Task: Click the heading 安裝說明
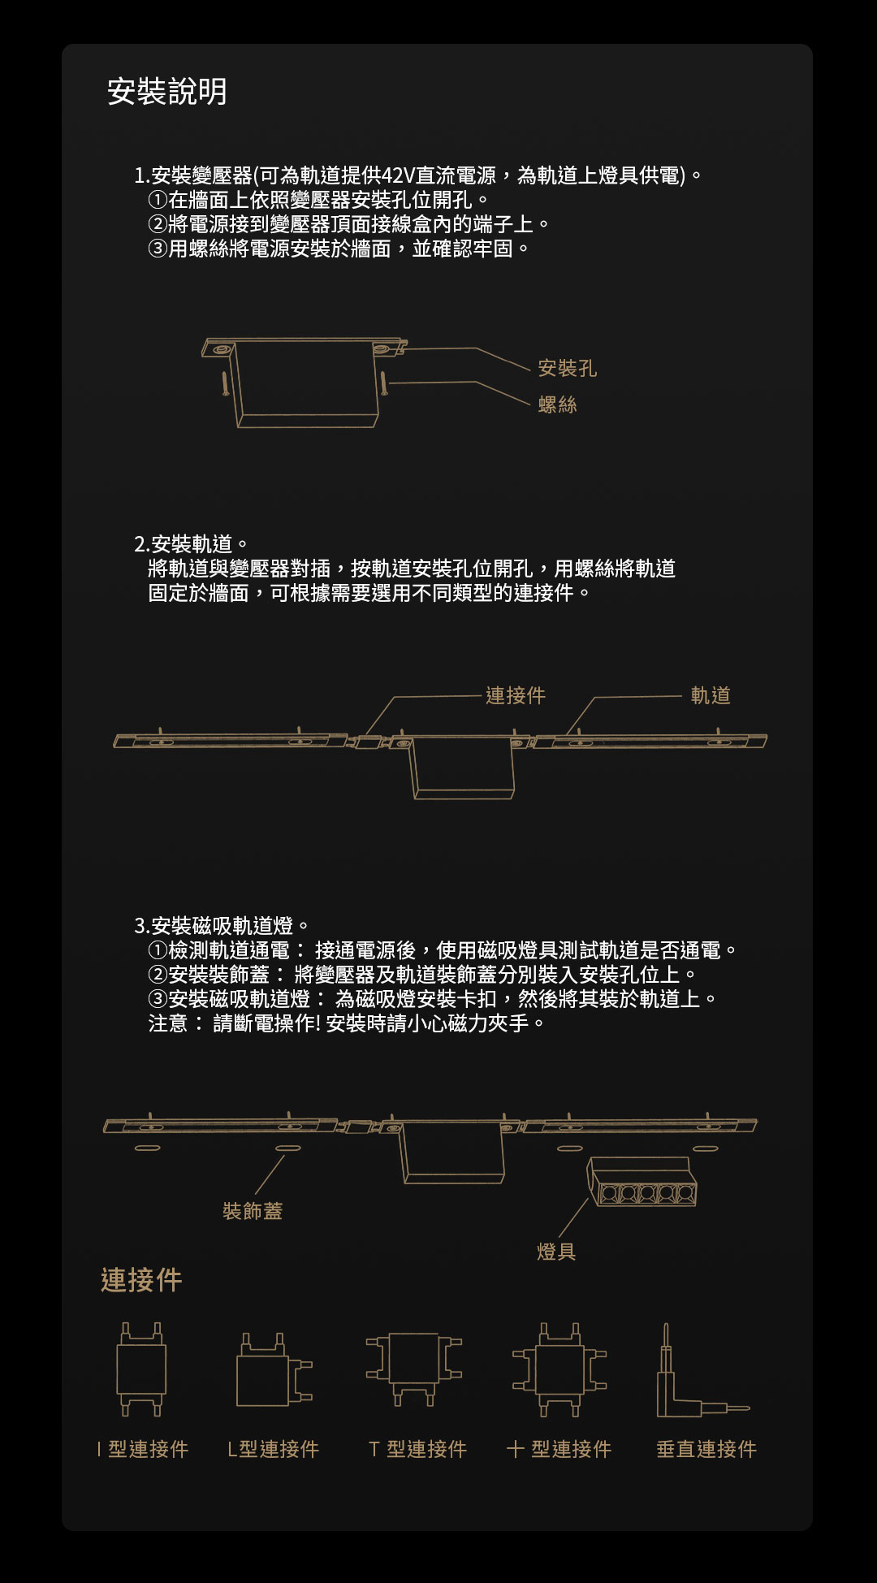167,91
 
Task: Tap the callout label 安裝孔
567,369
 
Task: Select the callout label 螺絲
557,404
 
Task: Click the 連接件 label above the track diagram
516,695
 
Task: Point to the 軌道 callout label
711,695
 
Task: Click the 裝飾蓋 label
253,1211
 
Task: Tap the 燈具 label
556,1252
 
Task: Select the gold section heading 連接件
141,1280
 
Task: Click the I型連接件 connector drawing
141,1369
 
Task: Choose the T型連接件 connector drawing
414,1369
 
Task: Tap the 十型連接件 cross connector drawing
559,1369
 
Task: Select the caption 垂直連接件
706,1449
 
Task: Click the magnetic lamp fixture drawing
642,1183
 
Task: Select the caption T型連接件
417,1449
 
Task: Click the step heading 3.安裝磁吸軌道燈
222,925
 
